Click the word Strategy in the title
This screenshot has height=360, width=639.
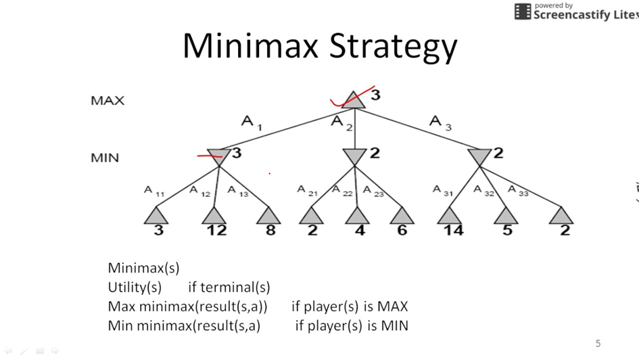[393, 46]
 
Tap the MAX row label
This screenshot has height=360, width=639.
[108, 101]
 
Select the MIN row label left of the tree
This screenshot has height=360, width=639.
[105, 158]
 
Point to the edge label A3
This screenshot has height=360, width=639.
[440, 122]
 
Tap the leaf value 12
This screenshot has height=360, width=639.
[216, 230]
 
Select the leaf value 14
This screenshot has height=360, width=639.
[453, 230]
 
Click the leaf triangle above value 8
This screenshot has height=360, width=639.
[269, 216]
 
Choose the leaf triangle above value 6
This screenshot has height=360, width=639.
[402, 216]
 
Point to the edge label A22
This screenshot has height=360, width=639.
[342, 190]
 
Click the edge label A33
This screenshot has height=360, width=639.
[518, 190]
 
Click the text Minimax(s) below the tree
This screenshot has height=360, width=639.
[143, 268]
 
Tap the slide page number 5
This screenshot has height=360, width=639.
[598, 343]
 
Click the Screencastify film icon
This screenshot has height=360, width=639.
[523, 12]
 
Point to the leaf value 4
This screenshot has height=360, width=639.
[360, 230]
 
